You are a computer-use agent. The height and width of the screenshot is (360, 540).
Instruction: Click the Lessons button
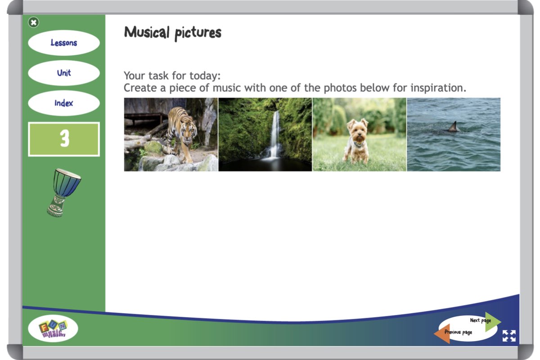(64, 43)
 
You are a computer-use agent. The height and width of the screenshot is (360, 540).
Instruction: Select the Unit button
(64, 73)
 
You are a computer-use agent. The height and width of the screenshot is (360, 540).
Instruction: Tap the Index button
(64, 103)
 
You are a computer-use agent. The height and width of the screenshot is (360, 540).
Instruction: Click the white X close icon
(33, 22)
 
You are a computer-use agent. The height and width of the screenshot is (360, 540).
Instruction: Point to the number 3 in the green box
(65, 139)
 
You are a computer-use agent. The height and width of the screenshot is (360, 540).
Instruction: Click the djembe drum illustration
(63, 193)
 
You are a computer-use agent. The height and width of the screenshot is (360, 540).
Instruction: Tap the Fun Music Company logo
(53, 328)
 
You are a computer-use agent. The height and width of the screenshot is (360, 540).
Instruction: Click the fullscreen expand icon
(509, 336)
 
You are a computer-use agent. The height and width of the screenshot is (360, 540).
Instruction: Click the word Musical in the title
(147, 32)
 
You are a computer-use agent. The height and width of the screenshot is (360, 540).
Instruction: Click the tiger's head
(188, 130)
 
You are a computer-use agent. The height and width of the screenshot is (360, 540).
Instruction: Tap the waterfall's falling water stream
(274, 135)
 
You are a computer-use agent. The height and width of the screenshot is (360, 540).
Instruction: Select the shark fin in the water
(454, 126)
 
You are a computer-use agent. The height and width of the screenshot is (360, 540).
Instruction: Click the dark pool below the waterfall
(265, 164)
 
